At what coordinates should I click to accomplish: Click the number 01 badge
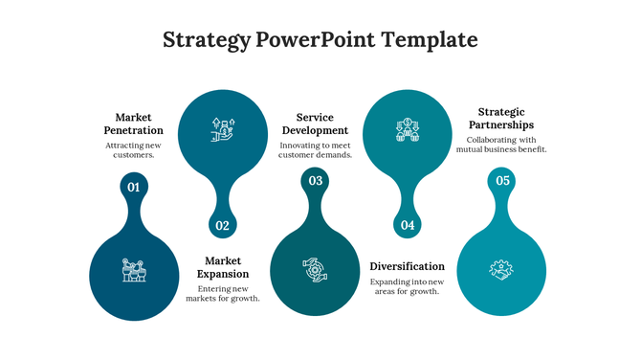pyautogui.click(x=133, y=187)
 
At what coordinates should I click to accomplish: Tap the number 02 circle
pyautogui.click(x=223, y=226)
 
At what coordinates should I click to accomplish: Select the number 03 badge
pyautogui.click(x=315, y=180)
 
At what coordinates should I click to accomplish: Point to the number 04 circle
pyautogui.click(x=408, y=226)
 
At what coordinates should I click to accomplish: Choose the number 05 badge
pyautogui.click(x=502, y=180)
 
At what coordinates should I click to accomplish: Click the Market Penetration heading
pyautogui.click(x=133, y=124)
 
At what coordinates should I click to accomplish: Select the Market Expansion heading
pyautogui.click(x=223, y=267)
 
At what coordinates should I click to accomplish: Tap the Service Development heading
pyautogui.click(x=315, y=124)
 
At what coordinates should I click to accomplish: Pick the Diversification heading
pyautogui.click(x=407, y=266)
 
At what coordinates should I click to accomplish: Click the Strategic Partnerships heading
pyautogui.click(x=506, y=118)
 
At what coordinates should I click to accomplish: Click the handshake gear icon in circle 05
pyautogui.click(x=501, y=270)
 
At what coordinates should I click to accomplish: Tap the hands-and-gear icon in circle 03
pyautogui.click(x=315, y=270)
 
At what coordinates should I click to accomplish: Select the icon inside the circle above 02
pyautogui.click(x=224, y=130)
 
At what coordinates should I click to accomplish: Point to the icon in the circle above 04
pyautogui.click(x=408, y=130)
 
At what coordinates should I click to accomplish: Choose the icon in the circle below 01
pyautogui.click(x=133, y=270)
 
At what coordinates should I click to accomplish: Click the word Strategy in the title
pyautogui.click(x=206, y=40)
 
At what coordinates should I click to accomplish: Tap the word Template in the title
pyautogui.click(x=429, y=40)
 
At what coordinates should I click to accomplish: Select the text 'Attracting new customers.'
pyautogui.click(x=133, y=149)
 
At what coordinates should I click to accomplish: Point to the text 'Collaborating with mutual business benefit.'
pyautogui.click(x=506, y=145)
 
